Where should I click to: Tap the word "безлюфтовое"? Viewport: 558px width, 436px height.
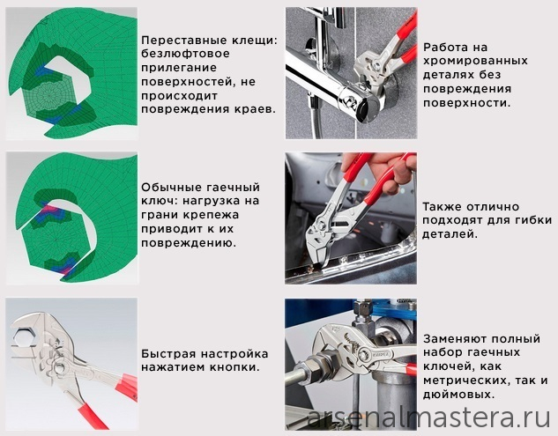tap(185, 54)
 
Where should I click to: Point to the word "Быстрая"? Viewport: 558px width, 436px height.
tap(168, 354)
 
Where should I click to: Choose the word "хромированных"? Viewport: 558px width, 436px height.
tap(475, 61)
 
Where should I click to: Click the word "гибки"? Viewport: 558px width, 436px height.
tap(532, 220)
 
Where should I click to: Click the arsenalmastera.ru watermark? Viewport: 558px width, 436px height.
tap(428, 418)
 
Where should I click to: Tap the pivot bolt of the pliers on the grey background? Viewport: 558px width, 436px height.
tap(59, 367)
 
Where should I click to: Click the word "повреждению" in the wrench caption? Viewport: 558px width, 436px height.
tap(189, 243)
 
